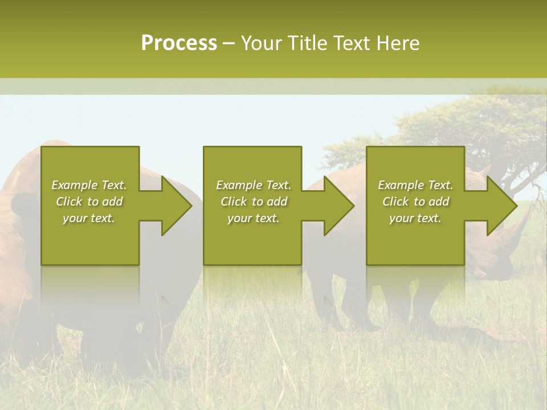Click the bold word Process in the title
coord(179,43)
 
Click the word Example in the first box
coord(74,185)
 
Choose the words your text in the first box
coord(89,218)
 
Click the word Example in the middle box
coord(238,185)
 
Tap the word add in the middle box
coord(277,202)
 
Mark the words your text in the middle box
coord(254,218)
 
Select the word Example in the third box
coord(400,185)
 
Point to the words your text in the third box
coord(415,218)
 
